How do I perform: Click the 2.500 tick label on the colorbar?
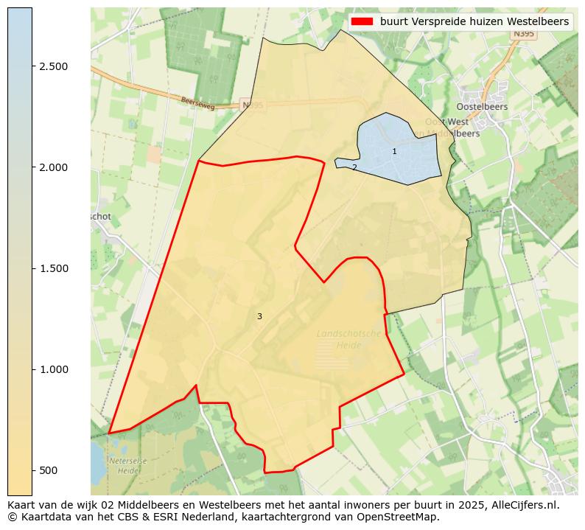click(x=53, y=67)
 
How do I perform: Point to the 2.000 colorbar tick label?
click(x=53, y=167)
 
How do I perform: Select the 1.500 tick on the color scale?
click(x=53, y=268)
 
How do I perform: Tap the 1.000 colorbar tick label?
click(x=53, y=369)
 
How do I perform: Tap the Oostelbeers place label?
click(x=482, y=106)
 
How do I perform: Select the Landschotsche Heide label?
click(x=348, y=339)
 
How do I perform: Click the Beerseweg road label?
click(x=197, y=104)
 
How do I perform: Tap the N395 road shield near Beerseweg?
click(x=252, y=105)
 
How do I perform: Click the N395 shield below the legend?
click(x=524, y=34)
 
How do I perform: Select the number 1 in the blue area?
click(x=394, y=151)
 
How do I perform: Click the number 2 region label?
click(x=354, y=167)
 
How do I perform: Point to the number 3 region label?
click(x=259, y=316)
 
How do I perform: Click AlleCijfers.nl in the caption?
click(x=522, y=506)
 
